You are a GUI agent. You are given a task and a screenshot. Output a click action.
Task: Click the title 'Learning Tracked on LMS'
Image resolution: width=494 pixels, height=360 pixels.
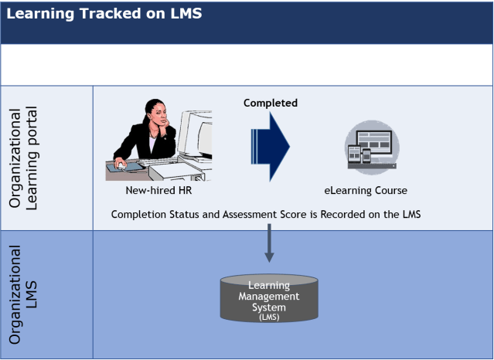coord(104,14)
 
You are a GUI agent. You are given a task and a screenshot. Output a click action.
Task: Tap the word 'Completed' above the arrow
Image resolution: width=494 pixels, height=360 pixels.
coord(271,103)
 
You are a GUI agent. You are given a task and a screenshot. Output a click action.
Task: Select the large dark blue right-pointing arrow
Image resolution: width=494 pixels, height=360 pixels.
coord(270,144)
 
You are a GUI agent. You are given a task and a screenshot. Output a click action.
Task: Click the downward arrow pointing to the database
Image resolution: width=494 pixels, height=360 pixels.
coord(269,243)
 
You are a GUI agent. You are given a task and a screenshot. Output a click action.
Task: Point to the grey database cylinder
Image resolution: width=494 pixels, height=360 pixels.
coord(269,298)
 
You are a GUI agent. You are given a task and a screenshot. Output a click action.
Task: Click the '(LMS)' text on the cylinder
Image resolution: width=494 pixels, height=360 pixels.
coord(269,317)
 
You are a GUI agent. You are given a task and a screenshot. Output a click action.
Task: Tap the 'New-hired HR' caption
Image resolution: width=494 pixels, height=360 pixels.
coord(158,190)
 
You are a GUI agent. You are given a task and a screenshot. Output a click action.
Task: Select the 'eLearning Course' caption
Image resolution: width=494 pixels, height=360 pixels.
coord(366,190)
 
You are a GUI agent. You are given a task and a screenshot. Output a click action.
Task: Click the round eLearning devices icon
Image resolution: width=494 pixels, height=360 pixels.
coord(370,145)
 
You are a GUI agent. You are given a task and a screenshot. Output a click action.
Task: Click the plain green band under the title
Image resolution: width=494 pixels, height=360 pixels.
coord(247,64)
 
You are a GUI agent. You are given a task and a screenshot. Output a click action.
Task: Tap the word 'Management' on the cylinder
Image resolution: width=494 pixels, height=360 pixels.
coord(269,296)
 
